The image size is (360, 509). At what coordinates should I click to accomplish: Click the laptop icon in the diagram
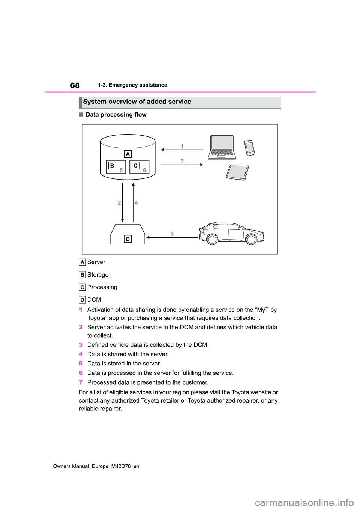pyautogui.click(x=222, y=147)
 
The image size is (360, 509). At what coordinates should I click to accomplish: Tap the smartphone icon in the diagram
pyautogui.click(x=249, y=148)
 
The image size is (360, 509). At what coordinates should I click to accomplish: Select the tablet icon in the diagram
pyautogui.click(x=238, y=172)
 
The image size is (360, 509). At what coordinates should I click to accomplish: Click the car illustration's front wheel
pyautogui.click(x=251, y=239)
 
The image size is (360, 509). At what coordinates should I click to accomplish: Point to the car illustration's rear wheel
pyautogui.click(x=212, y=239)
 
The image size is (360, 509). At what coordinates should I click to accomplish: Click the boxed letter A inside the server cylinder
pyautogui.click(x=128, y=154)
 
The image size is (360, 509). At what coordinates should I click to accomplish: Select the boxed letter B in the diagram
pyautogui.click(x=112, y=166)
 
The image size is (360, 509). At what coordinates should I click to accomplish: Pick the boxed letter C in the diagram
pyautogui.click(x=135, y=166)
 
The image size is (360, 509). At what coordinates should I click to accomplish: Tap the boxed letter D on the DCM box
pyautogui.click(x=127, y=239)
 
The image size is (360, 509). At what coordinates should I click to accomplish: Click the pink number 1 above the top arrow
pyautogui.click(x=182, y=146)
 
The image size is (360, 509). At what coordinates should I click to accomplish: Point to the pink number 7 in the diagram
pyautogui.click(x=182, y=161)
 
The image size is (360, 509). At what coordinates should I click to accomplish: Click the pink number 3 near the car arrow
pyautogui.click(x=172, y=234)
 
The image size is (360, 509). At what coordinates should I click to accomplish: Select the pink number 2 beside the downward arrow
pyautogui.click(x=119, y=203)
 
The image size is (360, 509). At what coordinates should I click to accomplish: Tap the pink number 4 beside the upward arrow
pyautogui.click(x=136, y=203)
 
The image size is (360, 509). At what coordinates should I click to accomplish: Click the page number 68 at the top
pyautogui.click(x=75, y=85)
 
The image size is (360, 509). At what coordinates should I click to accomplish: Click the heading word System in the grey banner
pyautogui.click(x=94, y=102)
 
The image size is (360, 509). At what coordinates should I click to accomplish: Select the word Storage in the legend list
pyautogui.click(x=98, y=275)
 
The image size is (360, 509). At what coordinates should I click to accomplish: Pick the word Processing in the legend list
pyautogui.click(x=102, y=287)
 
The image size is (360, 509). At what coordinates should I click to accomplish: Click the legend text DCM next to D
pyautogui.click(x=94, y=299)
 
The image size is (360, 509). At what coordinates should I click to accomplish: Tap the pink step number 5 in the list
pyautogui.click(x=81, y=364)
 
